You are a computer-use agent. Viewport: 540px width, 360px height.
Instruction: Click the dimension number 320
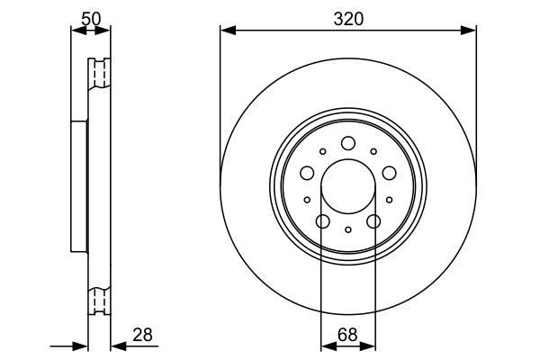click(347, 18)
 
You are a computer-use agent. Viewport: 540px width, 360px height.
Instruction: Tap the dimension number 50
click(90, 18)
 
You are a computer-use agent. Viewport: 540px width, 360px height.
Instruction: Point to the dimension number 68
click(348, 335)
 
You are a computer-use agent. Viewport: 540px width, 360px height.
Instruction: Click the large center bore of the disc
click(348, 187)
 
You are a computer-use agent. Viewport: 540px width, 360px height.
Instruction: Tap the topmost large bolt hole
click(348, 142)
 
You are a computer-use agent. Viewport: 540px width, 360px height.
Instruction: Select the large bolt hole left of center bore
click(306, 173)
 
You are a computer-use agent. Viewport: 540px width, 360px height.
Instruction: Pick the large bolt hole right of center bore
click(390, 173)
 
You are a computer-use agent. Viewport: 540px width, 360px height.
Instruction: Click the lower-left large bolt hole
click(322, 222)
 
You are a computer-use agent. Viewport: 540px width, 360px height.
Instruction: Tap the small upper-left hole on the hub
click(324, 152)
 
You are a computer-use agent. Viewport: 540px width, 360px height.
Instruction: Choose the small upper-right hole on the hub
click(373, 152)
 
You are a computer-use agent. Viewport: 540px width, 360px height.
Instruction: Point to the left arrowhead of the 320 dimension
click(227, 31)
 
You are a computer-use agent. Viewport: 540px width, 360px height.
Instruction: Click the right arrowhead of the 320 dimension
click(470, 31)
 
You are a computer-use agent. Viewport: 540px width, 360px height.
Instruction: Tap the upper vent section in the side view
click(98, 72)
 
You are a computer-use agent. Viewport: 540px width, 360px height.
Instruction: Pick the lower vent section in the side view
click(98, 301)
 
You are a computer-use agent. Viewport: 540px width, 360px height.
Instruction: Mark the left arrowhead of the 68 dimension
click(327, 345)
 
